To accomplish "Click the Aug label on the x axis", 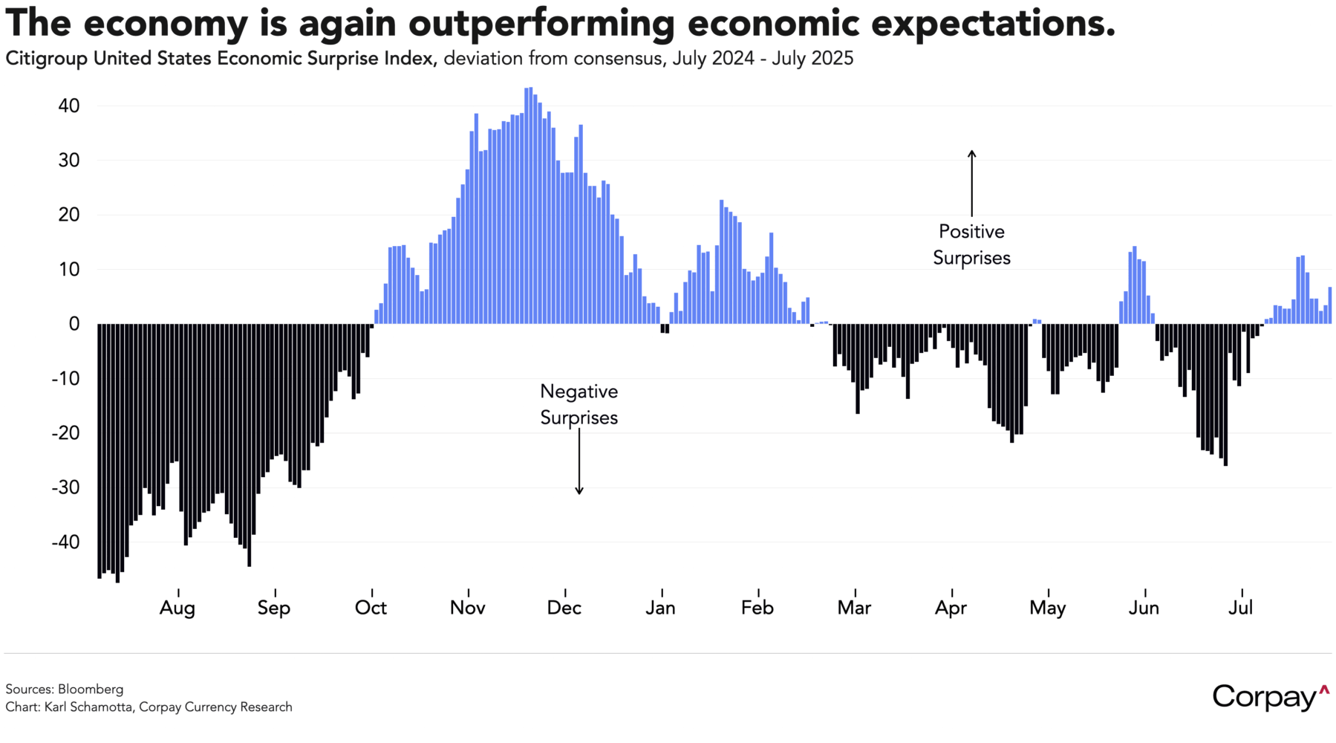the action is [x=177, y=609].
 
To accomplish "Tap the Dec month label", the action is [x=564, y=608].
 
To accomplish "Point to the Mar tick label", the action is [x=854, y=608].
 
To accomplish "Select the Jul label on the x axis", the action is [x=1240, y=608].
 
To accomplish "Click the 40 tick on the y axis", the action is [x=68, y=106].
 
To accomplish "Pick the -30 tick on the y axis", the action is [x=65, y=487].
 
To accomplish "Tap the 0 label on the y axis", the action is [x=74, y=324].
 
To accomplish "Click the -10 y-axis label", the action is [x=65, y=378].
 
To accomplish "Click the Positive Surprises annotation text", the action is [x=971, y=244].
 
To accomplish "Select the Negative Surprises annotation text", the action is [x=579, y=404].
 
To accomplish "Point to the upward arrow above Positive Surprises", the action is [x=971, y=184].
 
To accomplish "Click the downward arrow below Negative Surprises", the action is [x=579, y=461].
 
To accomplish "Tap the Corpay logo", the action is [x=1271, y=697].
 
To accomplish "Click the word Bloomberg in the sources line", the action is [x=91, y=689].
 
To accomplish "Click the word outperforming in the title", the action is [x=541, y=24].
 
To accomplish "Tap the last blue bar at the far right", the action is [x=1330, y=305].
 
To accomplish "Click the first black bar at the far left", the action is [x=100, y=451].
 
